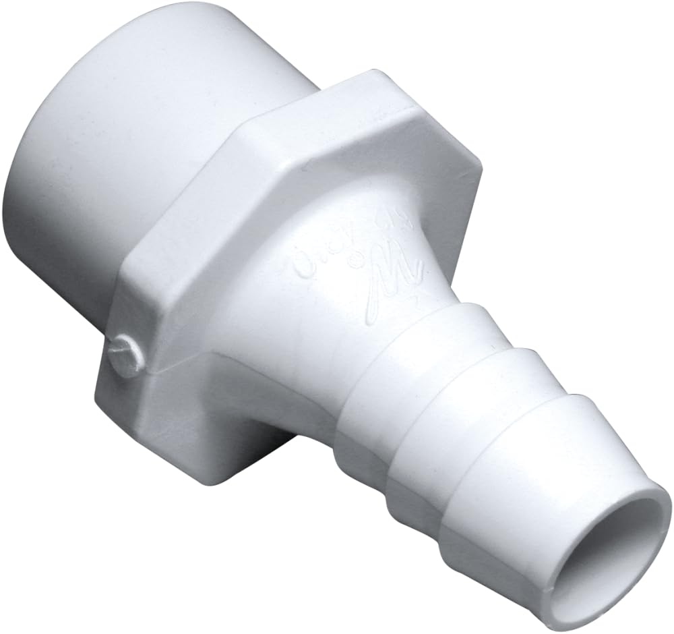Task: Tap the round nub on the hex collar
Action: [126, 353]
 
